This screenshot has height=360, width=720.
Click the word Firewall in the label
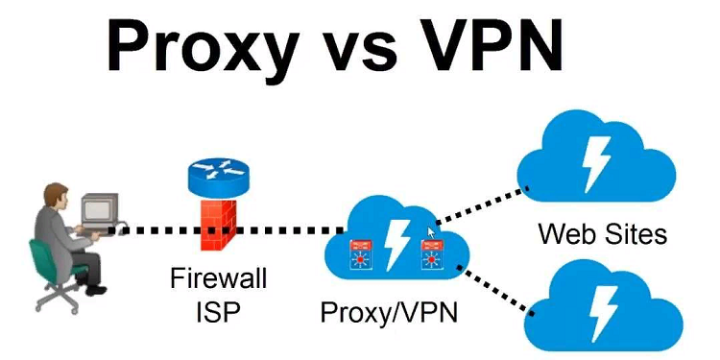tap(219, 280)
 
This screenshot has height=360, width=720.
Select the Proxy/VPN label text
tap(390, 313)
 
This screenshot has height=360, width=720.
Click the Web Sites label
tap(602, 232)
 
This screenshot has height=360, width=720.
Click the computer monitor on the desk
tap(99, 208)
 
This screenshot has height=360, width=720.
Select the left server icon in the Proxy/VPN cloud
tap(357, 252)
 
